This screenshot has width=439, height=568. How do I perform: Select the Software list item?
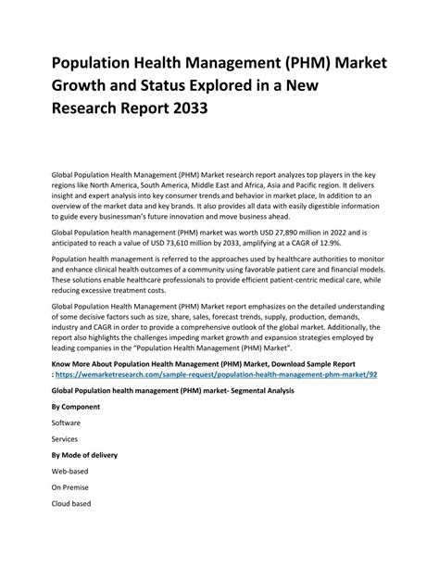click(x=67, y=422)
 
